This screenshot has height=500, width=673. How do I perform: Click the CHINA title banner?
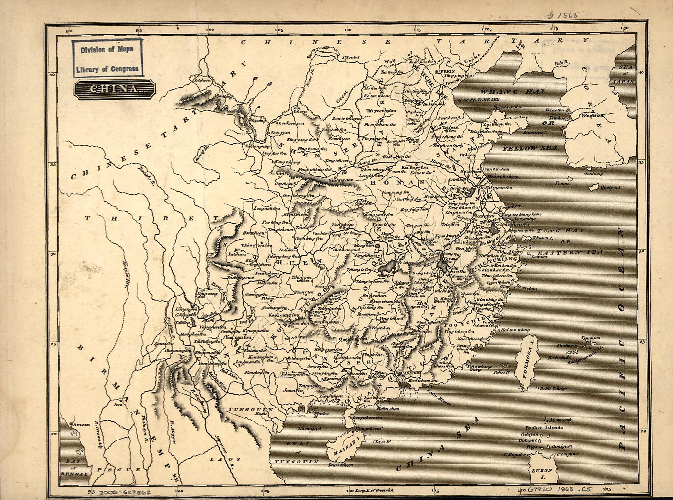tap(114, 89)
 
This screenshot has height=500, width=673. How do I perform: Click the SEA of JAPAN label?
tap(625, 74)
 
